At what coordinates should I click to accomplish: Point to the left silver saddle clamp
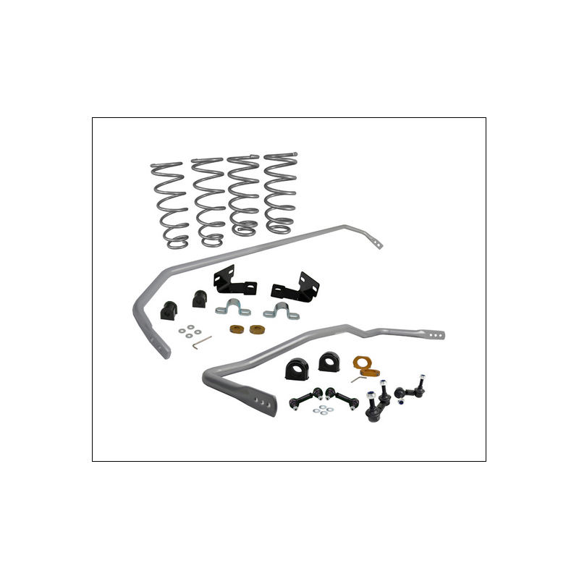click(234, 308)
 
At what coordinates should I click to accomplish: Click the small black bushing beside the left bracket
click(199, 298)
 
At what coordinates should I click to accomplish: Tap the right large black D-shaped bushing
click(330, 361)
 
